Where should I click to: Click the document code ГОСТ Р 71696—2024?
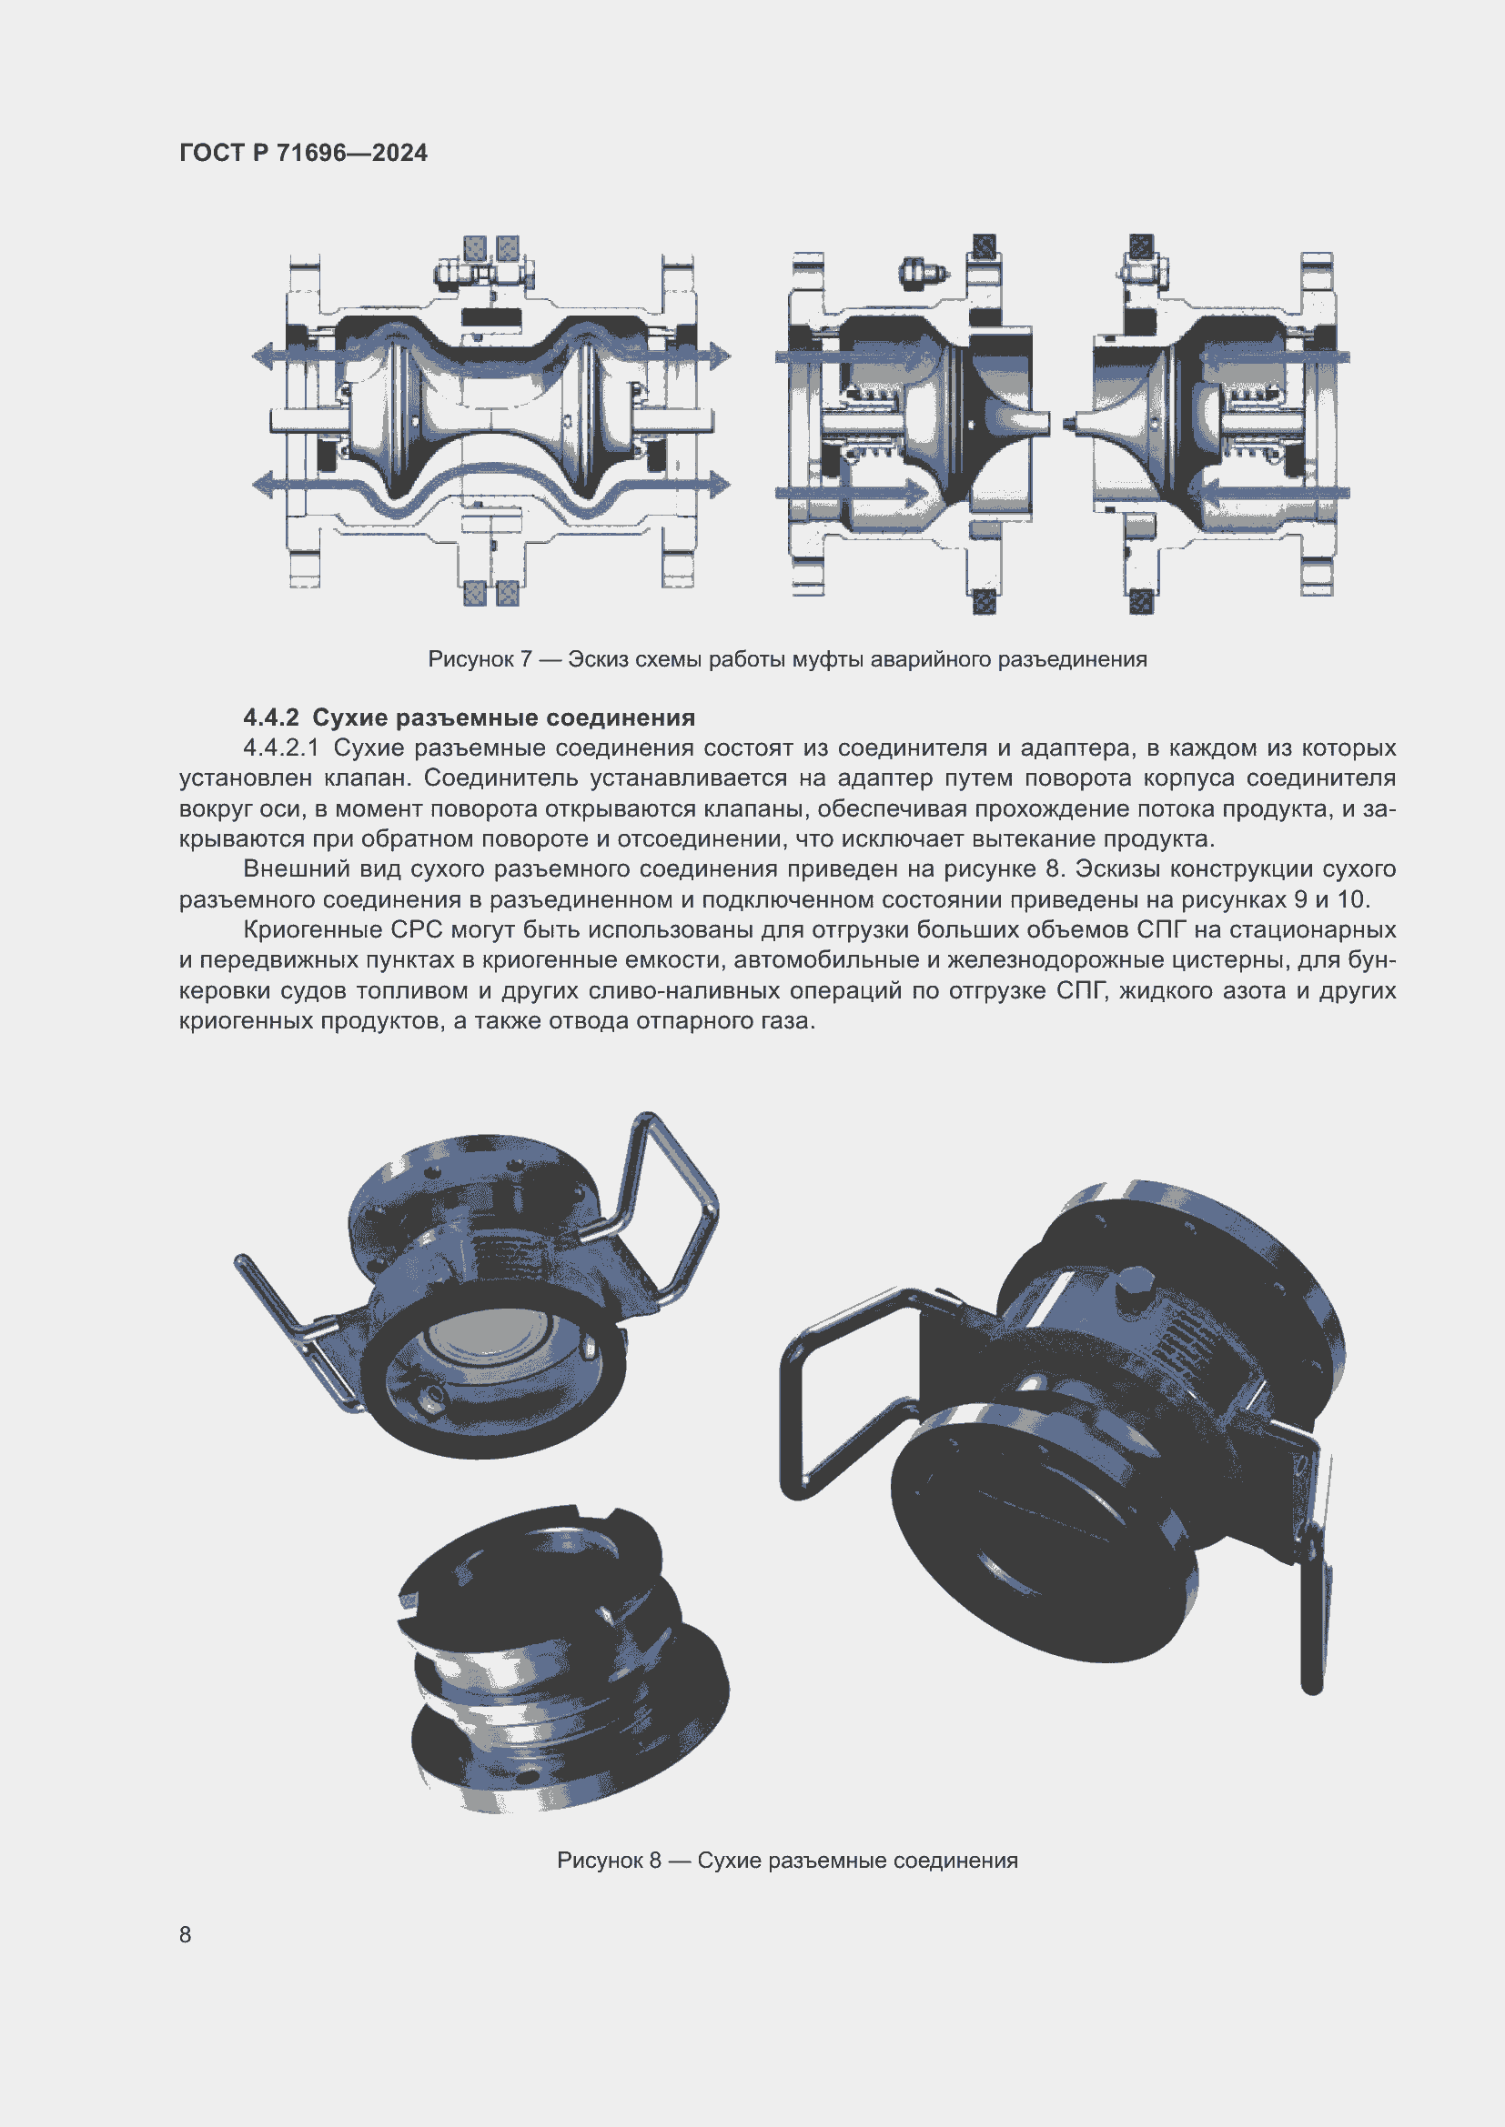tap(303, 153)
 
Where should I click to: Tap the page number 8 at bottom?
tap(186, 1934)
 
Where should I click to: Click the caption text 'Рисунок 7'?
tap(480, 659)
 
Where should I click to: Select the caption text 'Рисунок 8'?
tap(608, 1861)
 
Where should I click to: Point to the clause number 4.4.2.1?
tap(281, 748)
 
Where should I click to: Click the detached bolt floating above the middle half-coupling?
tap(923, 274)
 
